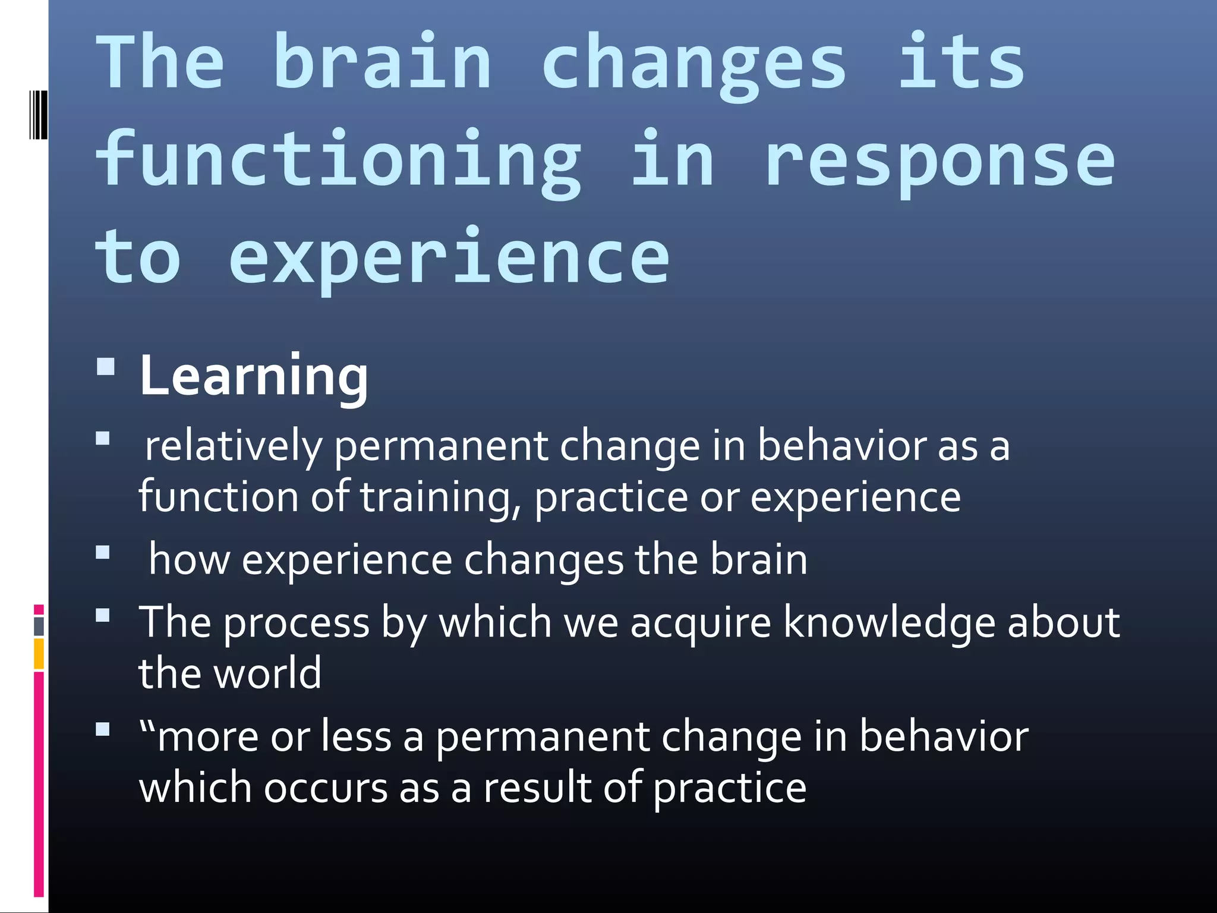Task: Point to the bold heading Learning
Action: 254,376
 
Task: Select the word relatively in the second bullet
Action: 234,447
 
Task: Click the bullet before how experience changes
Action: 103,553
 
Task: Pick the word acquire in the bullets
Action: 700,623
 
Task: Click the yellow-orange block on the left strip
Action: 39,653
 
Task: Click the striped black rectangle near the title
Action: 38,115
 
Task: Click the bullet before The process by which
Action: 103,615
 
